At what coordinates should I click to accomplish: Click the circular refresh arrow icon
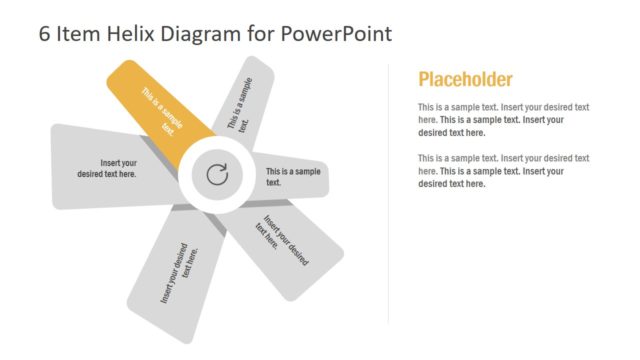tap(217, 176)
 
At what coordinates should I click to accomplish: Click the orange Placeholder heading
tap(465, 80)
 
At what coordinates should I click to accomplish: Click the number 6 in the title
tap(45, 33)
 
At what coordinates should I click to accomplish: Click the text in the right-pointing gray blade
tap(293, 177)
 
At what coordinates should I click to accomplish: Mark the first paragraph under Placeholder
tap(503, 119)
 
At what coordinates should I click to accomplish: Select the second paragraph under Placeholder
tap(503, 171)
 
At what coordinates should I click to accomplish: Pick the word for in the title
tap(263, 33)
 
